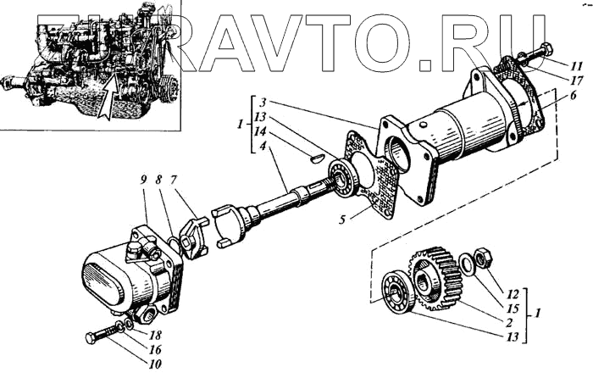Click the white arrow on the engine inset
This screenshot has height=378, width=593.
click(x=104, y=92)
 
